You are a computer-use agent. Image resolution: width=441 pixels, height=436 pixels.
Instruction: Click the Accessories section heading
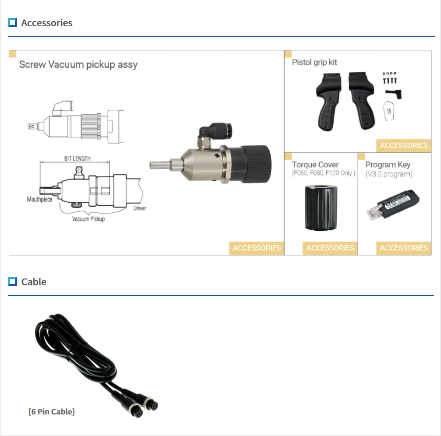click(x=47, y=23)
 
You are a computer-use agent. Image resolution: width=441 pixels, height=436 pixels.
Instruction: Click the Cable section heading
click(x=34, y=282)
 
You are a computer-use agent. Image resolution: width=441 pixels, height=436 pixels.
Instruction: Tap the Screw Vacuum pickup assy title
click(x=78, y=65)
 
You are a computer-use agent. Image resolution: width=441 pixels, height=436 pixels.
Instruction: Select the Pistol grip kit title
click(x=314, y=62)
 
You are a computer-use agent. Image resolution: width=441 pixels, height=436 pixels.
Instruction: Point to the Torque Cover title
click(x=315, y=165)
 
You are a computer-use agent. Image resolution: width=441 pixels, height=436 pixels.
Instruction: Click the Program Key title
click(x=388, y=165)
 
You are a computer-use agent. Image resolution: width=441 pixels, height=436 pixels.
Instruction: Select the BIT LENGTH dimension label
click(x=77, y=158)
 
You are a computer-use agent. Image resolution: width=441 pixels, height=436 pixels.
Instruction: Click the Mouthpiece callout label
click(x=39, y=200)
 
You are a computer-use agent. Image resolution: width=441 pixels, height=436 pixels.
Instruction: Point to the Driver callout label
click(x=139, y=209)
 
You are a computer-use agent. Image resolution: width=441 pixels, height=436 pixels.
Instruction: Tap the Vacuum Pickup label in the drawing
click(x=88, y=219)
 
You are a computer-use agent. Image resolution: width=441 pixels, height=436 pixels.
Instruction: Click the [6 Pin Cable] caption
click(x=52, y=411)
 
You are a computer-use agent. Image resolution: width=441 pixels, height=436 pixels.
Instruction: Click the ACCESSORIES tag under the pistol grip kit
click(x=404, y=146)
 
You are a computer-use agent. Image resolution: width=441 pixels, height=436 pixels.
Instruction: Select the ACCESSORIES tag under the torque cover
click(x=330, y=248)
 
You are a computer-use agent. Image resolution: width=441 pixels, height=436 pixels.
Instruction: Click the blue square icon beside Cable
click(x=13, y=282)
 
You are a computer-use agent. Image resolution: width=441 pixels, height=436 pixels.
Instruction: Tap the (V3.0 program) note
click(x=389, y=174)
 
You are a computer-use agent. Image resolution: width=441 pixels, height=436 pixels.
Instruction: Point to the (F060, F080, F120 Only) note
click(x=323, y=173)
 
